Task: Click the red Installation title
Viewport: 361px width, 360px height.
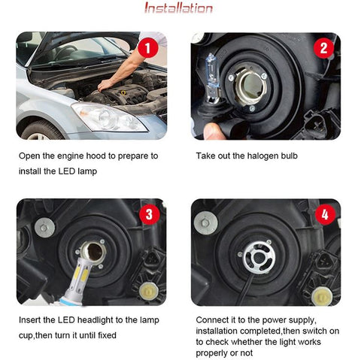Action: (x=178, y=9)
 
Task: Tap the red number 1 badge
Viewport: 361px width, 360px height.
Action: (x=148, y=49)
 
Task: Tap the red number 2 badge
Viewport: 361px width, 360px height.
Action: (x=325, y=49)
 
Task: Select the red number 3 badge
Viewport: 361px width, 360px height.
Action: (x=148, y=215)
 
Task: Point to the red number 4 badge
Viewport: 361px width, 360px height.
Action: (x=325, y=215)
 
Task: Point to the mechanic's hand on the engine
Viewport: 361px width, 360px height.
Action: (x=105, y=83)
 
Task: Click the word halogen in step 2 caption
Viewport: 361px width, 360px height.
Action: (x=265, y=156)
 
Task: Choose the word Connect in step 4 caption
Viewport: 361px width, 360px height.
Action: (x=214, y=320)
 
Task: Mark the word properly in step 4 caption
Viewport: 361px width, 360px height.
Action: (x=213, y=353)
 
